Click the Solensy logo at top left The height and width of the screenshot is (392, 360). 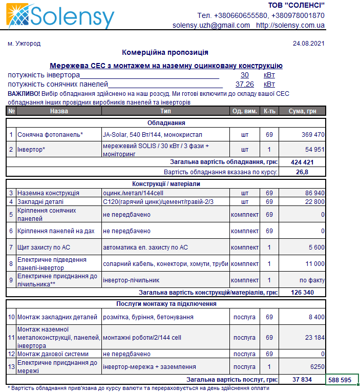pyautogui.click(x=60, y=16)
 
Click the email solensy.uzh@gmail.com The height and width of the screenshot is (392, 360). pyautogui.click(x=211, y=25)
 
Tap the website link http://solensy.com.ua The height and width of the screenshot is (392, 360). pyautogui.click(x=290, y=25)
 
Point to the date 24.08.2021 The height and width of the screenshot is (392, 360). pyautogui.click(x=308, y=44)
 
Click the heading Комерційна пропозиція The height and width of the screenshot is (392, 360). pyautogui.click(x=165, y=52)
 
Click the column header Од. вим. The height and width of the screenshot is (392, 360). pyautogui.click(x=245, y=111)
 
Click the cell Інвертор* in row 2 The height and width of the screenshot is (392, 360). pyautogui.click(x=32, y=149)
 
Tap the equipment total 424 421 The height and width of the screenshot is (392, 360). pyautogui.click(x=302, y=162)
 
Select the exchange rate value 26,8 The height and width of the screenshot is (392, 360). pyautogui.click(x=302, y=172)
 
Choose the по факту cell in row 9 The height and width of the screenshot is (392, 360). pyautogui.click(x=312, y=280)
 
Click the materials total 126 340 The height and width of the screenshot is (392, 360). pyautogui.click(x=302, y=293)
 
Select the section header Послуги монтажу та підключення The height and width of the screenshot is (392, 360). pyautogui.click(x=166, y=304)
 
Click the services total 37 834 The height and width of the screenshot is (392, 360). pyautogui.click(x=302, y=380)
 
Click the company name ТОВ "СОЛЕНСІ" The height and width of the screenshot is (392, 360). pyautogui.click(x=297, y=6)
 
